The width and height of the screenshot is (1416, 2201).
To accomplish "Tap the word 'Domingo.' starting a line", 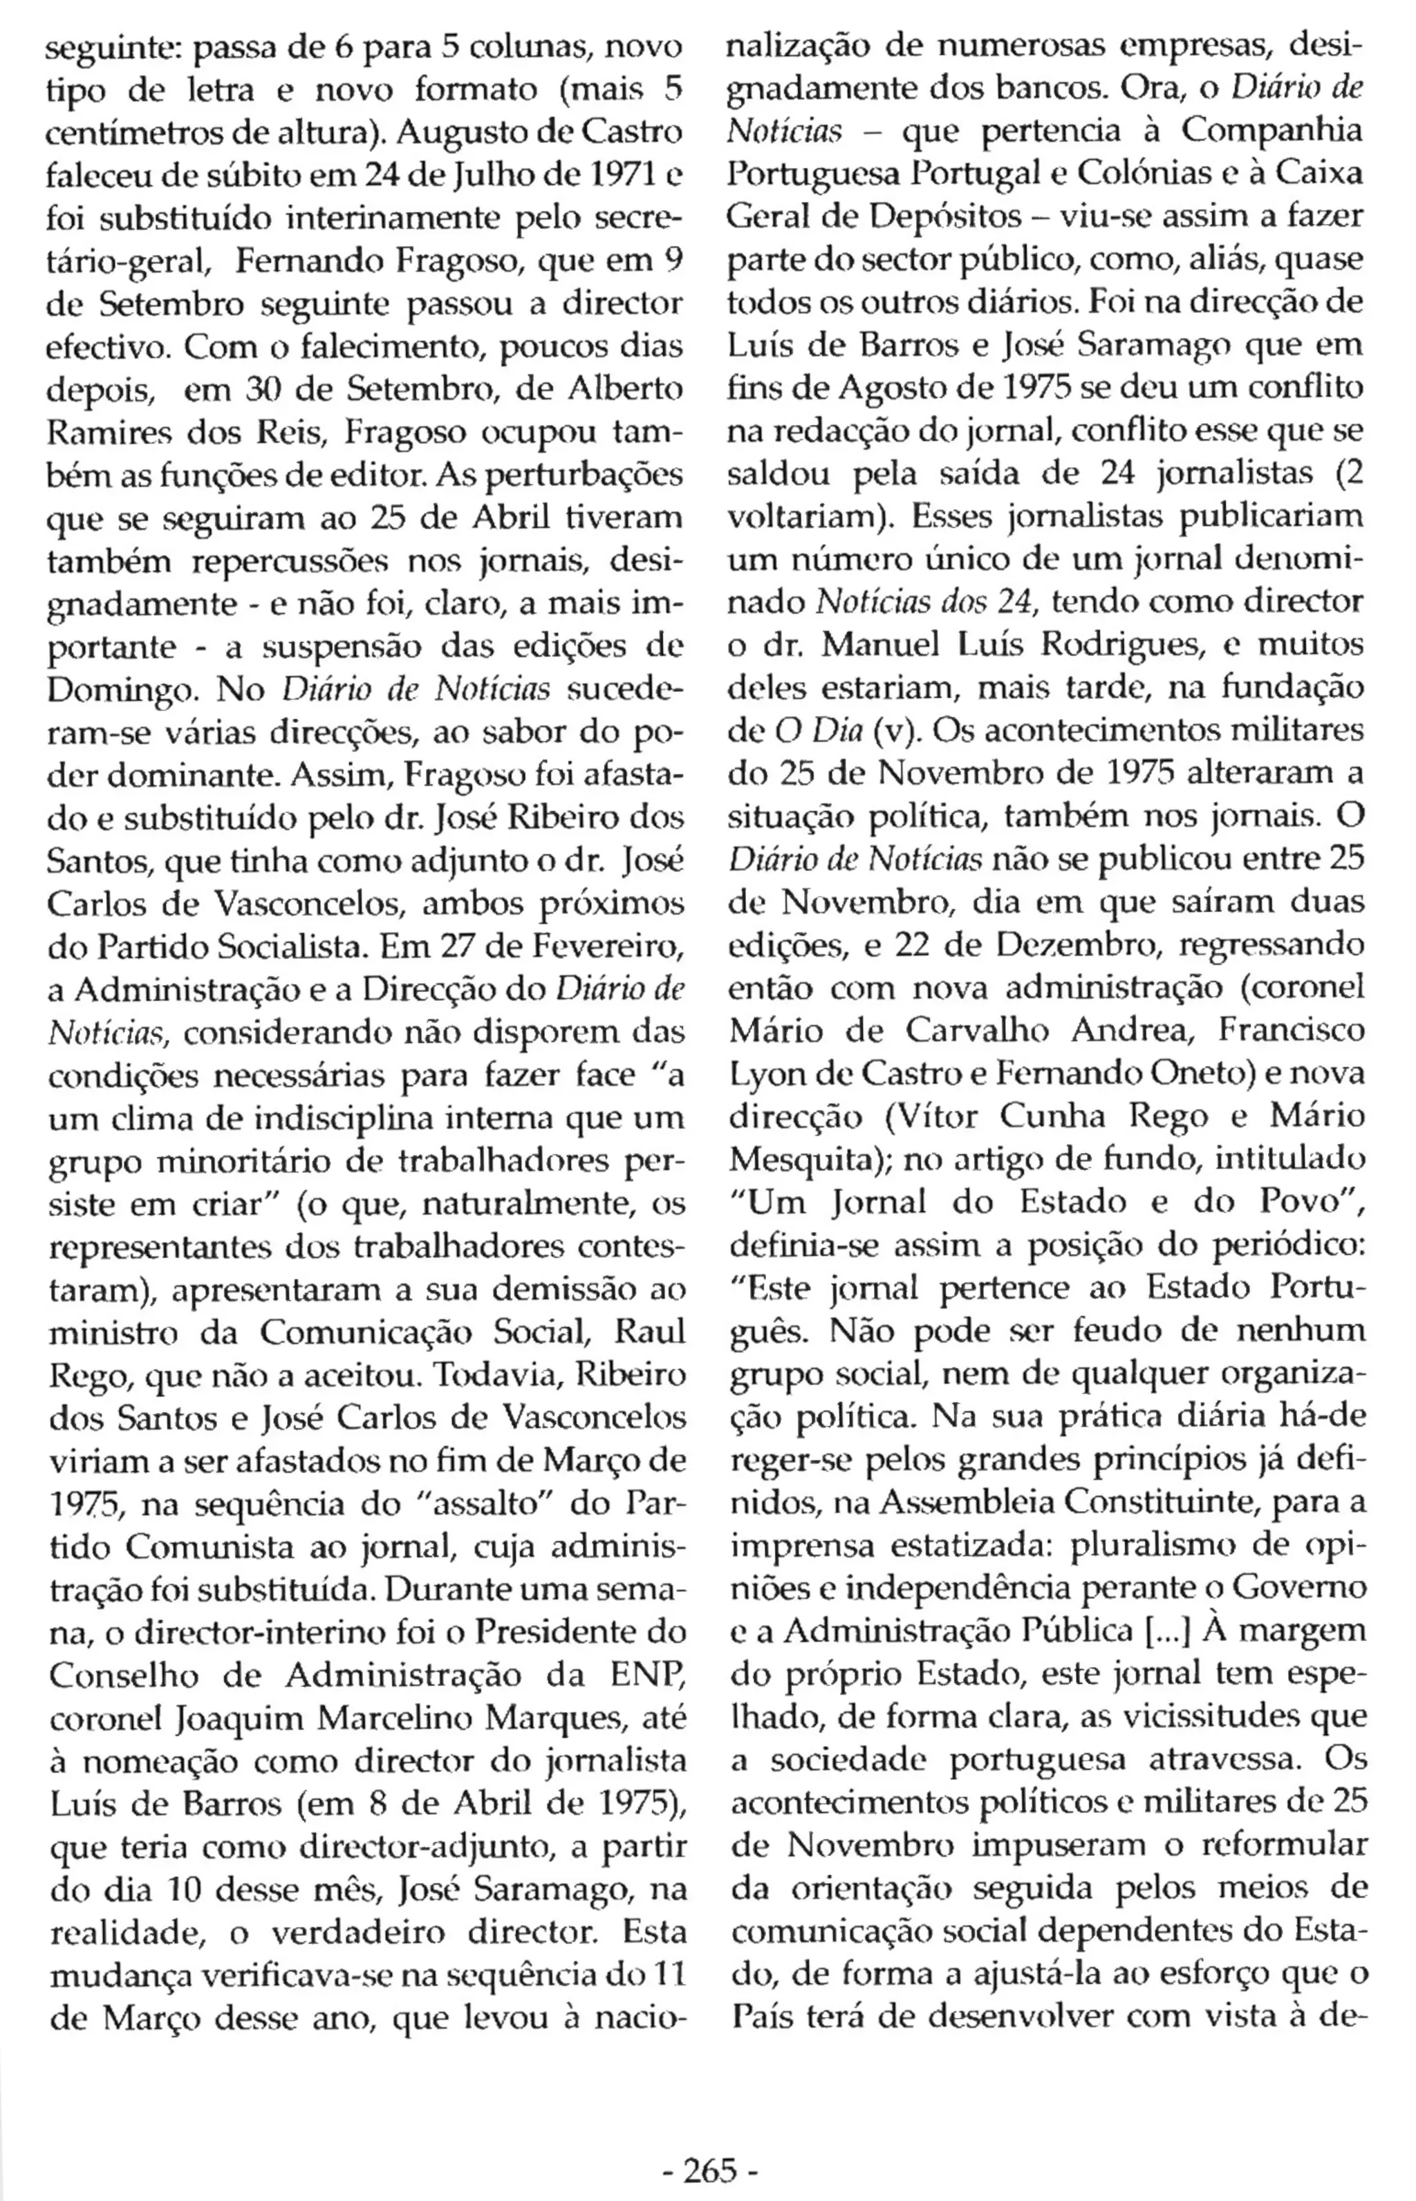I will pyautogui.click(x=109, y=689).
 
